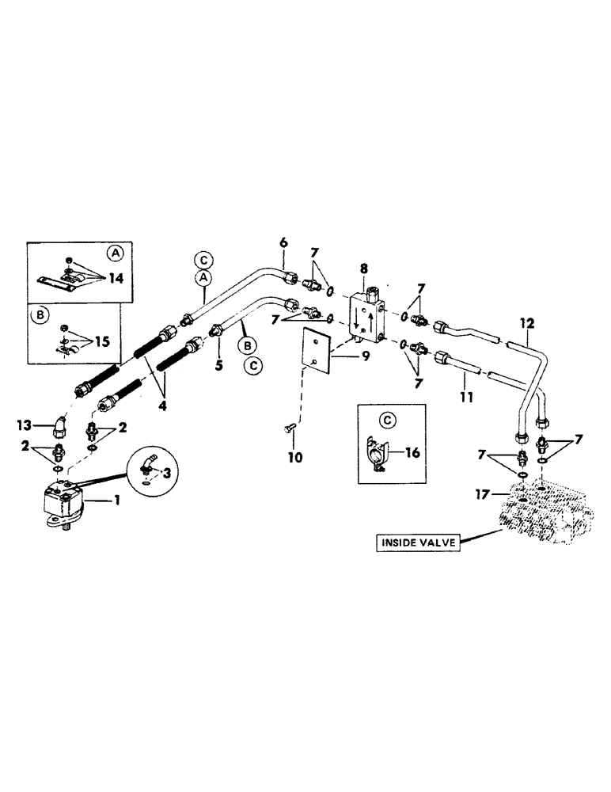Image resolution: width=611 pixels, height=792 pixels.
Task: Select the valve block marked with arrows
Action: (366, 318)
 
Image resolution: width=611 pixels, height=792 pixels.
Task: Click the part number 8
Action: (363, 269)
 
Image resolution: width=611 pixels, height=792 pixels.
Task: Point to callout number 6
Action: (283, 240)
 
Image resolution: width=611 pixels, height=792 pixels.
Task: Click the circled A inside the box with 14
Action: (116, 253)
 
